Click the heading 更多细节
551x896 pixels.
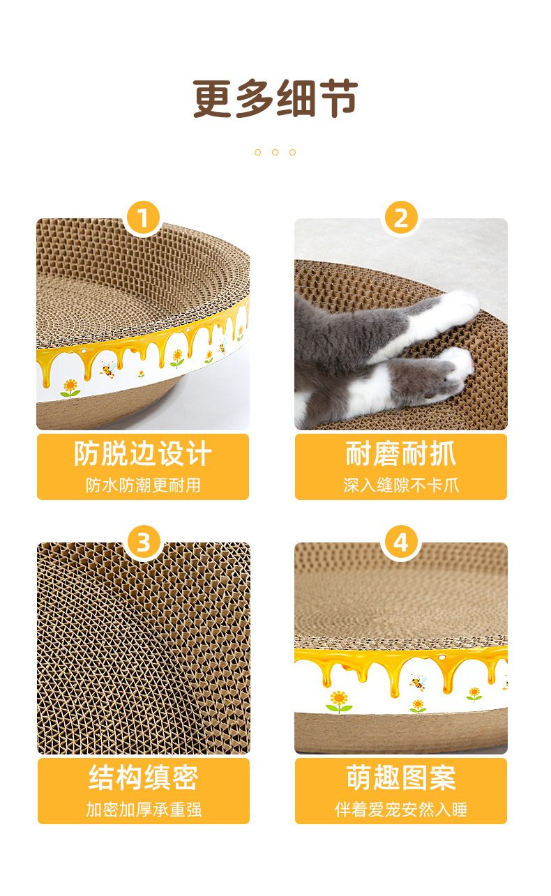point(275,98)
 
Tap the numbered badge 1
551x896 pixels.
point(143,218)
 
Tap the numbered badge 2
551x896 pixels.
point(401,218)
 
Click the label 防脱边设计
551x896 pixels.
point(143,454)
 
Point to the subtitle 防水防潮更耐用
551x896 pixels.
point(143,485)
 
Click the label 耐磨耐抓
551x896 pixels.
point(401,454)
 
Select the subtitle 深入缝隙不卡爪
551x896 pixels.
point(401,485)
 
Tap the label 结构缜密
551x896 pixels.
point(143,778)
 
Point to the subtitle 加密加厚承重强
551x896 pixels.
point(144,810)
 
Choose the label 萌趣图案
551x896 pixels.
point(401,778)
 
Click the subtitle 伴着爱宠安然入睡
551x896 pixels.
point(401,810)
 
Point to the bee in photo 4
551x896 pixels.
point(417,683)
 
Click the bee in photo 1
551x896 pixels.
point(108,370)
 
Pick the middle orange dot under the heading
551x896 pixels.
point(275,153)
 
